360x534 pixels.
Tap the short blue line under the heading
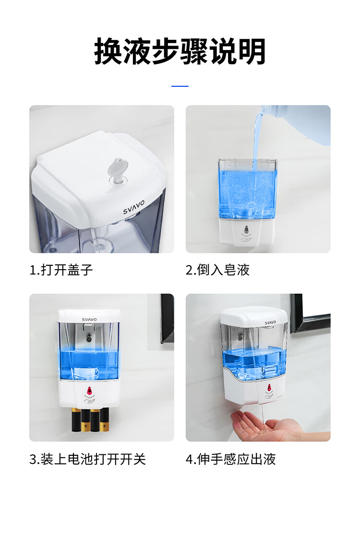coord(180,86)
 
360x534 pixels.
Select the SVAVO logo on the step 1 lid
coord(134,207)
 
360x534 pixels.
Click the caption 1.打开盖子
coord(61,270)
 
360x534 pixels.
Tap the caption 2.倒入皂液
coord(217,270)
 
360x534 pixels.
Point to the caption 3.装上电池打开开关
coord(87,459)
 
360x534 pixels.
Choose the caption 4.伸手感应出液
coord(230,459)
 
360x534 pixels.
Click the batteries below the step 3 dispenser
coord(90,419)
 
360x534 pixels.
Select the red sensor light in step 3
coord(89,390)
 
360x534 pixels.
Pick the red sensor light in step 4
coord(269,388)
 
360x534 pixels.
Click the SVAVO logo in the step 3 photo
coord(89,320)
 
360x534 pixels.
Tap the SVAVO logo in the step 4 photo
coord(270,322)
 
